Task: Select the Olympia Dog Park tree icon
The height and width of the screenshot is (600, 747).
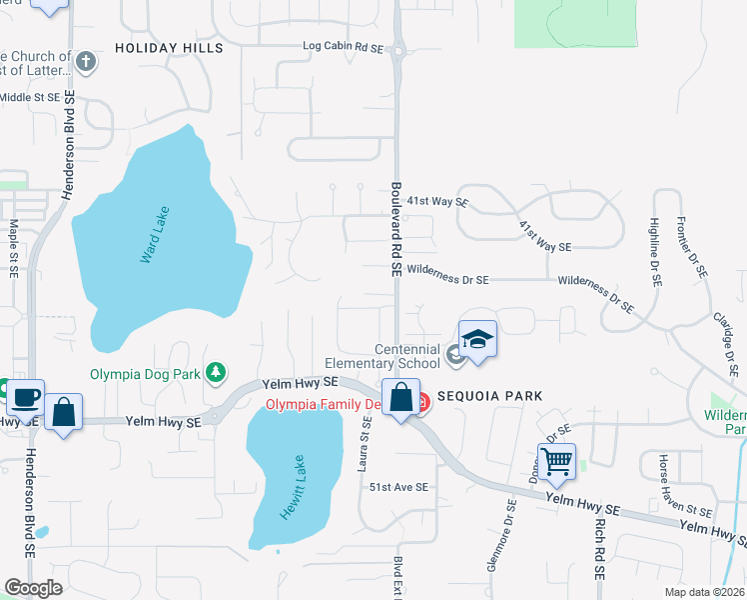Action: coord(215,373)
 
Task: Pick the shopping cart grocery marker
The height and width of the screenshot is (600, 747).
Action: coord(556,460)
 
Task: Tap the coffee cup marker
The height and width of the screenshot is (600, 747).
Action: coord(25,397)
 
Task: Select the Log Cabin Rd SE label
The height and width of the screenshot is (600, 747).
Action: coord(344,47)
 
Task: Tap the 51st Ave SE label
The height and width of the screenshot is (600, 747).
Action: coord(398,487)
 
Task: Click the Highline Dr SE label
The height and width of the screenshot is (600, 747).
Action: coord(655,253)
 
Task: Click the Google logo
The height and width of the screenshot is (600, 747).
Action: coord(33,588)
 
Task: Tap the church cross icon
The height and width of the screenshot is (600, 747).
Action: coord(86,62)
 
